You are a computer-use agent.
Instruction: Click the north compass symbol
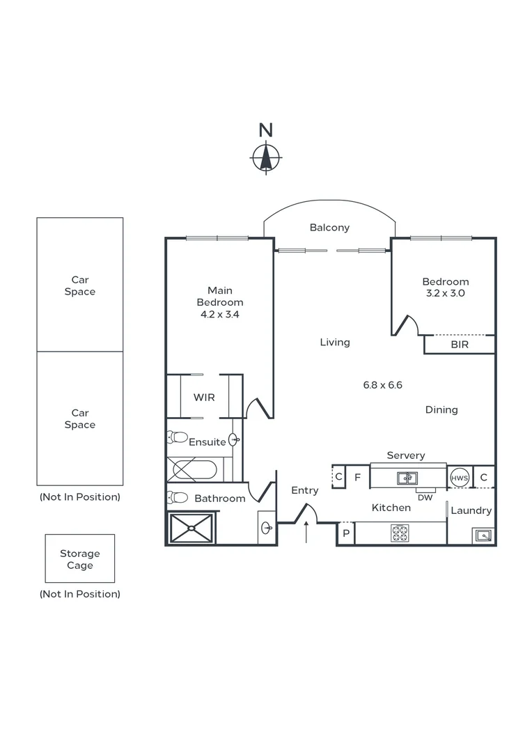265,157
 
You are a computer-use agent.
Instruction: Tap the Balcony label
329,228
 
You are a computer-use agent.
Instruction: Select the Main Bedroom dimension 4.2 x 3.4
220,314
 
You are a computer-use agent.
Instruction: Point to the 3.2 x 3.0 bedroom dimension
445,293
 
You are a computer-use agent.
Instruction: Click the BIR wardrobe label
460,345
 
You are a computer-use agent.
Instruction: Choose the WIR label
204,397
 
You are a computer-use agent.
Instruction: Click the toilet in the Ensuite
178,438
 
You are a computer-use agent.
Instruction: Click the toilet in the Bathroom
178,497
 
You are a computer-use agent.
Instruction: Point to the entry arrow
306,533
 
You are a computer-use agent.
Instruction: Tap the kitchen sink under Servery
407,478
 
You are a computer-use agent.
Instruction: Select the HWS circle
459,478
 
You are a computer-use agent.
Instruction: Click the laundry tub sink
482,535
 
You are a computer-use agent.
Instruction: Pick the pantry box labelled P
346,534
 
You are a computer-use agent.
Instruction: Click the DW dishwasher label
425,497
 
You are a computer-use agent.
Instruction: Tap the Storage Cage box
79,559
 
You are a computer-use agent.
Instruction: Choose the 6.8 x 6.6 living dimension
383,384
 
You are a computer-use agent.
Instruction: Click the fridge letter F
357,478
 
